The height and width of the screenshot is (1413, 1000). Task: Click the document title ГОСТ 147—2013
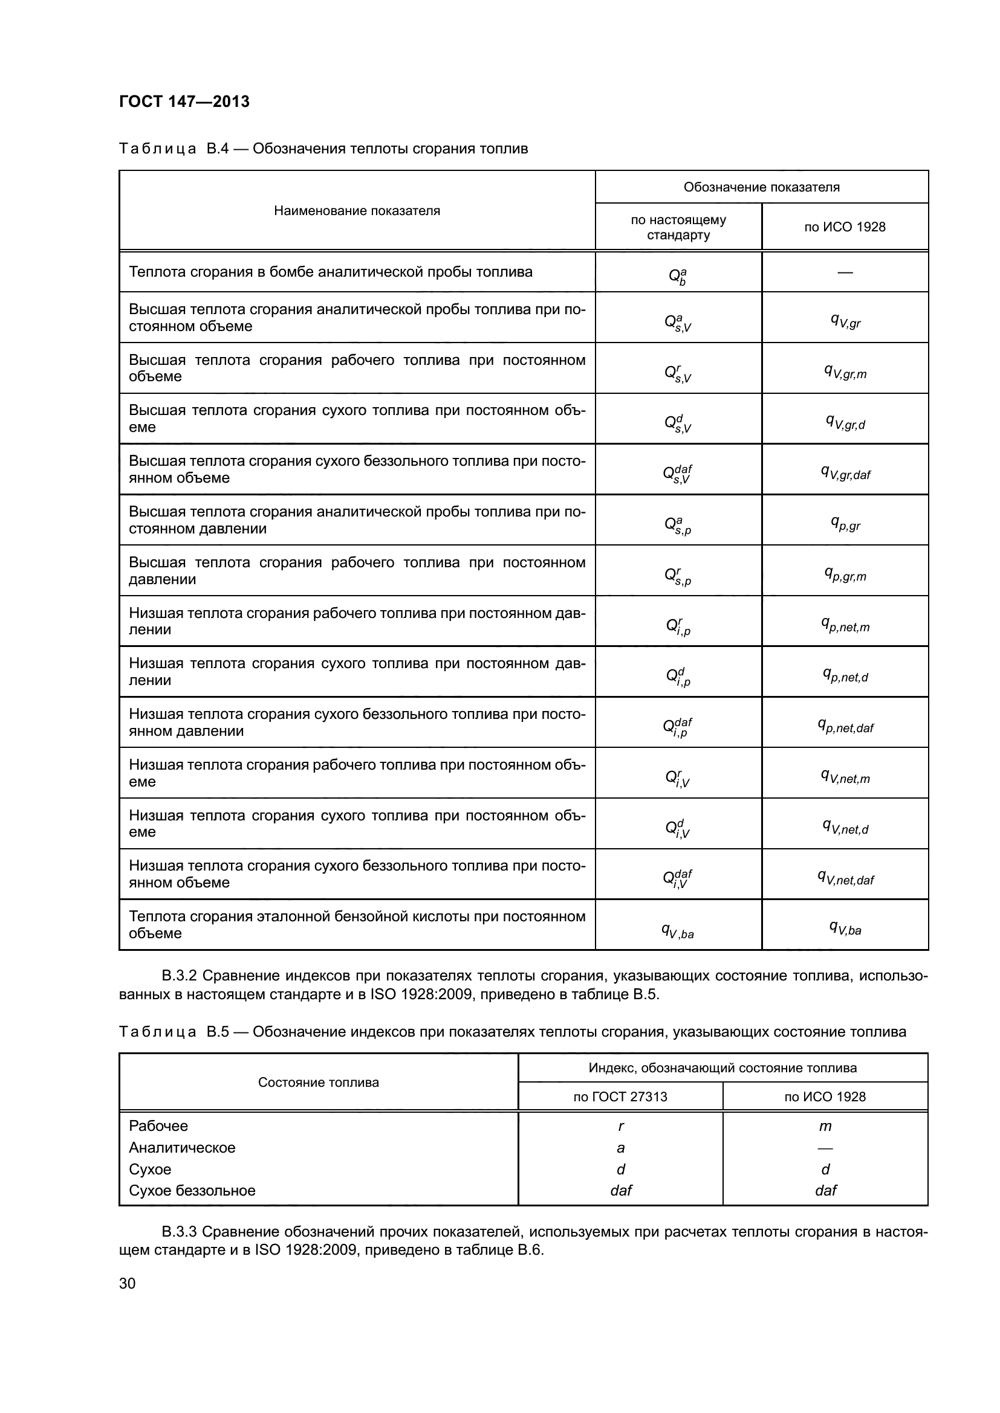click(x=184, y=101)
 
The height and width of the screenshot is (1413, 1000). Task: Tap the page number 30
click(x=127, y=1283)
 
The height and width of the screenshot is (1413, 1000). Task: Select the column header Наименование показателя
click(x=357, y=210)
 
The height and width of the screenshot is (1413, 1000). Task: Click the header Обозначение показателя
click(x=761, y=187)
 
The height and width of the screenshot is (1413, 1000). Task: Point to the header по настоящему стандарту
click(x=678, y=227)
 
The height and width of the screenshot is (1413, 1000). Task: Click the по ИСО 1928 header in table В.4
click(x=844, y=227)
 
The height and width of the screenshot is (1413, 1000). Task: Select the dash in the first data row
click(x=845, y=272)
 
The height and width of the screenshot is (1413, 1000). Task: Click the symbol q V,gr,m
click(x=845, y=372)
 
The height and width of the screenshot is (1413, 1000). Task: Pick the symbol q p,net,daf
click(x=845, y=726)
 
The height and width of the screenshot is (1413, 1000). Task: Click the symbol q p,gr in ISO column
click(x=845, y=524)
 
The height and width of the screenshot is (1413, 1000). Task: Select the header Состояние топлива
click(x=319, y=1083)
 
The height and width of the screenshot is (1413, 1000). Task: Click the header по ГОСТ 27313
click(x=620, y=1096)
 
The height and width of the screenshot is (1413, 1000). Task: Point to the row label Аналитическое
click(x=181, y=1147)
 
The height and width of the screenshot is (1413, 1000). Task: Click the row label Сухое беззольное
click(x=192, y=1190)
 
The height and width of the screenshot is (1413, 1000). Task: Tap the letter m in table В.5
click(x=825, y=1126)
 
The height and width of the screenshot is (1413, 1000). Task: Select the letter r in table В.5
click(x=621, y=1126)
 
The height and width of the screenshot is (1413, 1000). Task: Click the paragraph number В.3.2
click(x=179, y=976)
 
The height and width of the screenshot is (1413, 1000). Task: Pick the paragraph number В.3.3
click(x=179, y=1231)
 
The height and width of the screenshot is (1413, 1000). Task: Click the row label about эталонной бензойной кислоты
click(x=357, y=924)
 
